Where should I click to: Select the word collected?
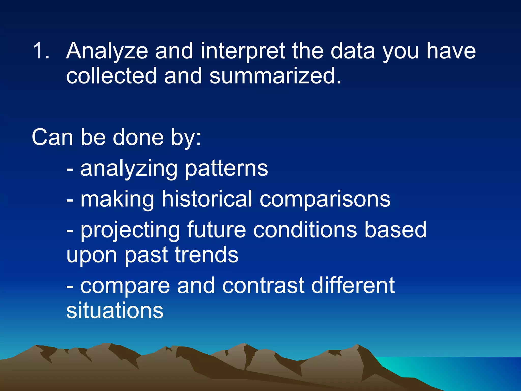[111, 76]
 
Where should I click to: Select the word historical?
[207, 199]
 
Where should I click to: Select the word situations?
[115, 311]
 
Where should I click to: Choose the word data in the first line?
[353, 51]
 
